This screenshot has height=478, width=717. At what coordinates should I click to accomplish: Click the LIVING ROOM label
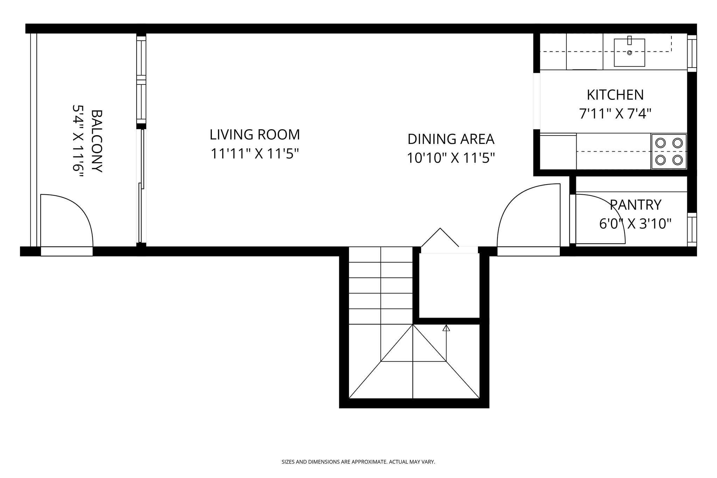255,135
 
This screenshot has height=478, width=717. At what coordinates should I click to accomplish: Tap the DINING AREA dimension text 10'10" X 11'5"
451,158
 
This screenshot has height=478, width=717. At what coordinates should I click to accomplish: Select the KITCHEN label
615,95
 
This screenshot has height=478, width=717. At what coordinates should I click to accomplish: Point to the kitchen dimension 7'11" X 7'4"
615,114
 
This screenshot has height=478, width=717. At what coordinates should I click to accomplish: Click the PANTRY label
635,205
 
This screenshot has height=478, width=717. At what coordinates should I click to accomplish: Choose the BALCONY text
96,141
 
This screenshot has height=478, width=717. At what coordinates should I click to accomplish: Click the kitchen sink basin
629,56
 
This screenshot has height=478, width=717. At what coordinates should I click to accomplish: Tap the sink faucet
629,41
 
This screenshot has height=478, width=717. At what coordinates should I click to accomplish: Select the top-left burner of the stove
660,143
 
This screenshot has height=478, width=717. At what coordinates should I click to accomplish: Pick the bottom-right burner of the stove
677,160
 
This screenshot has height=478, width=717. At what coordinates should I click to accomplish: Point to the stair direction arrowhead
446,328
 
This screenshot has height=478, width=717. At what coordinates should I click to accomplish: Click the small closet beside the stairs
449,285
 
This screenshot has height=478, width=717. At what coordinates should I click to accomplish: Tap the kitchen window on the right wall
692,53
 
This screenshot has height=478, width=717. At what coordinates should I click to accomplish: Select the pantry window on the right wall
692,229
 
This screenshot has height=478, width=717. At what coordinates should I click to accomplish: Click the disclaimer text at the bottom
358,462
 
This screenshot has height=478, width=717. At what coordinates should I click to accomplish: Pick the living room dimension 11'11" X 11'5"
255,154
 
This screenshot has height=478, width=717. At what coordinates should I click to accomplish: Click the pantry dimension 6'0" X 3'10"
635,224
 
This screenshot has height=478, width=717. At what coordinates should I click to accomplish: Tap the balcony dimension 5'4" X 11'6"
77,141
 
